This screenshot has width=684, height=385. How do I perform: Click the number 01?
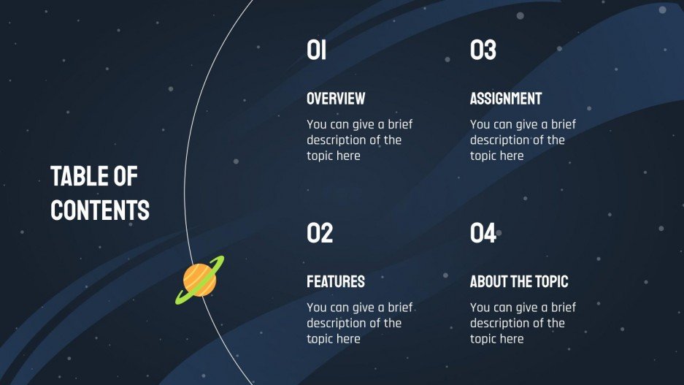pyautogui.click(x=316, y=50)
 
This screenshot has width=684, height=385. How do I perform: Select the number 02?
pyautogui.click(x=320, y=233)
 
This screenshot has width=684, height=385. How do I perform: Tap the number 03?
pyautogui.click(x=483, y=50)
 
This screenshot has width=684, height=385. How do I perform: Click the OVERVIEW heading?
pyautogui.click(x=336, y=99)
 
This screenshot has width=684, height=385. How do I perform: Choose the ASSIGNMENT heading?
pyautogui.click(x=506, y=99)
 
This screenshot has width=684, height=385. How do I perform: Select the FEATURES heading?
pyautogui.click(x=336, y=281)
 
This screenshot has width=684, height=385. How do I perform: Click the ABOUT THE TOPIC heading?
pyautogui.click(x=519, y=281)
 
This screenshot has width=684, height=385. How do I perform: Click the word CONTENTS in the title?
pyautogui.click(x=100, y=210)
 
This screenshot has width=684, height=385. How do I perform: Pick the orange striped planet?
pyautogui.click(x=199, y=280)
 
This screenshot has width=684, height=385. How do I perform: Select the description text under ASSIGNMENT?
pyautogui.click(x=523, y=140)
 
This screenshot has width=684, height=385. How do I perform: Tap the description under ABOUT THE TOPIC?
pyautogui.click(x=523, y=323)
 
